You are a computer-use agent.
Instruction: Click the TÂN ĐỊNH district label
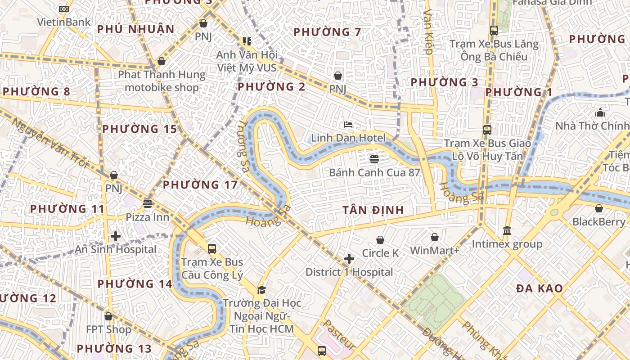pos(373,210)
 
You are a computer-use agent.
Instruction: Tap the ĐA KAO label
pos(539,288)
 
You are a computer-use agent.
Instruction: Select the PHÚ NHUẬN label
pos(135,29)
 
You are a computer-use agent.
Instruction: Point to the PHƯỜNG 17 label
pos(200,184)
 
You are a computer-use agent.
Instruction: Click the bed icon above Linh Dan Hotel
pos(348,125)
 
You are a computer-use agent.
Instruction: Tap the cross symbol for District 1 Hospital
pos(349,259)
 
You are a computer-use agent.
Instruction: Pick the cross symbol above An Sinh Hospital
pos(116,236)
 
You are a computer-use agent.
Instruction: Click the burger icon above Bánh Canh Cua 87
pos(374,159)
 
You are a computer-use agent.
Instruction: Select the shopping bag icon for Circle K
pos(380,240)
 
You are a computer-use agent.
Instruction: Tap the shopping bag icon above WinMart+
pos(435,237)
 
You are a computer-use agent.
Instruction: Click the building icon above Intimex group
pos(507,230)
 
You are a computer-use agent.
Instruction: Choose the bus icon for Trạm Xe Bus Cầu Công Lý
pos(211,248)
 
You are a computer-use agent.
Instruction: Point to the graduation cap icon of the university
pos(261,289)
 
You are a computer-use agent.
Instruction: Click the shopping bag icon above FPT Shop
pos(108,316)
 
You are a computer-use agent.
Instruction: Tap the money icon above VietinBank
pos(64,9)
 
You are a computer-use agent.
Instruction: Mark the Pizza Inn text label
pos(147,217)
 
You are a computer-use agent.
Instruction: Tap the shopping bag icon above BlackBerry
pos(598,208)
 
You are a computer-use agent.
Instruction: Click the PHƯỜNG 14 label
pos(135,284)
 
